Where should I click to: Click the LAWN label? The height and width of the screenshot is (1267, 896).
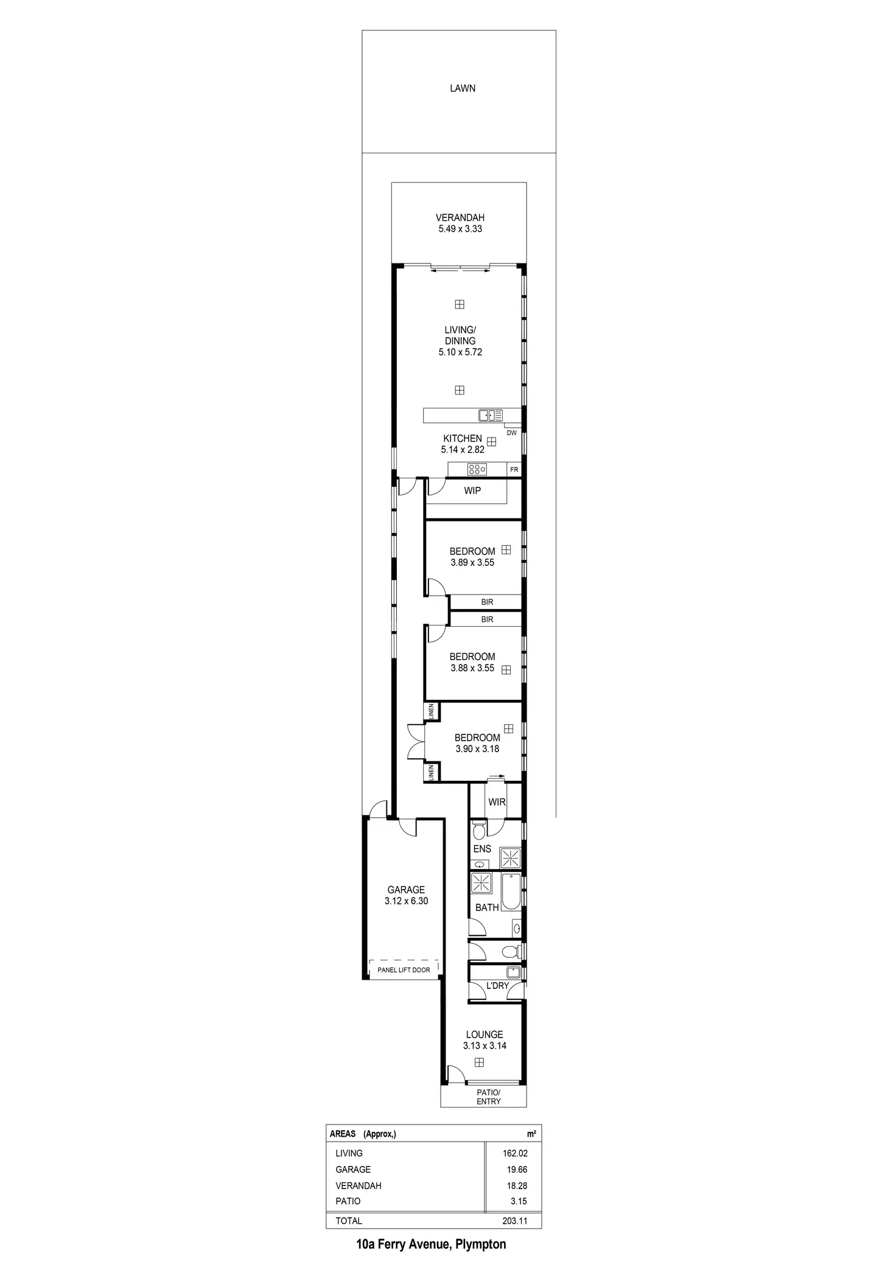tap(463, 88)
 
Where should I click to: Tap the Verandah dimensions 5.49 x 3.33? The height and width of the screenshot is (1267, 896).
tap(460, 229)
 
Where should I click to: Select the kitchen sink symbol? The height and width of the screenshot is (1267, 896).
tap(490, 416)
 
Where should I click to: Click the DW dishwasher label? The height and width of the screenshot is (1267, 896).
tap(511, 433)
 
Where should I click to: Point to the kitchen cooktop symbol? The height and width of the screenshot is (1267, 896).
tap(477, 469)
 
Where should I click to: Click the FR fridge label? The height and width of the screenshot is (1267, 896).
tap(514, 470)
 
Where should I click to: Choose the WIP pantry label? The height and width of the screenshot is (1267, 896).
tap(472, 490)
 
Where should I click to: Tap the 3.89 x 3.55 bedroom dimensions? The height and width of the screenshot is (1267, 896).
tap(472, 562)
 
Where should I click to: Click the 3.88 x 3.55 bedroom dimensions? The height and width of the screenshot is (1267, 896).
tap(472, 668)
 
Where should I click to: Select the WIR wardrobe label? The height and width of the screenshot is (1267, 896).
tap(497, 802)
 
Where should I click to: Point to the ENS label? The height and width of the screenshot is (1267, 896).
tap(482, 849)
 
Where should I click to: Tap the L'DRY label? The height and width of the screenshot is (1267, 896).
tap(497, 985)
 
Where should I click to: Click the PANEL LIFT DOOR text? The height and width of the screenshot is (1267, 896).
tap(404, 969)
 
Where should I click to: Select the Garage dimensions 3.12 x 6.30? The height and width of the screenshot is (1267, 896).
tap(406, 901)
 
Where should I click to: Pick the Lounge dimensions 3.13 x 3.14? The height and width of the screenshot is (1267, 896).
tap(485, 1045)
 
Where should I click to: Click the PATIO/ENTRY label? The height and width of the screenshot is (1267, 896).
tap(488, 1097)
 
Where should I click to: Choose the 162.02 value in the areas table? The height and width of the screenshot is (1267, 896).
tap(514, 1153)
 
